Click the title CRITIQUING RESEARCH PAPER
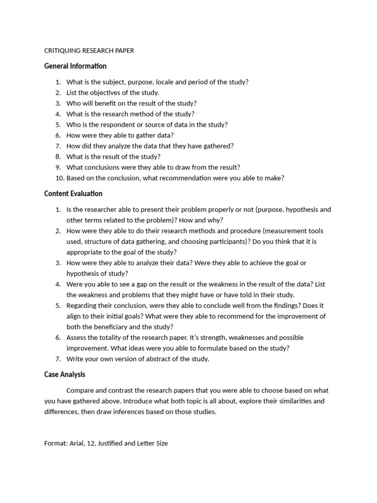click(x=89, y=51)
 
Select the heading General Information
click(x=75, y=66)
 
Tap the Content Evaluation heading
click(x=73, y=194)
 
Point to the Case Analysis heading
click(x=64, y=374)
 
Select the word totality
click(x=111, y=337)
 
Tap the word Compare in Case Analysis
click(x=80, y=391)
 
